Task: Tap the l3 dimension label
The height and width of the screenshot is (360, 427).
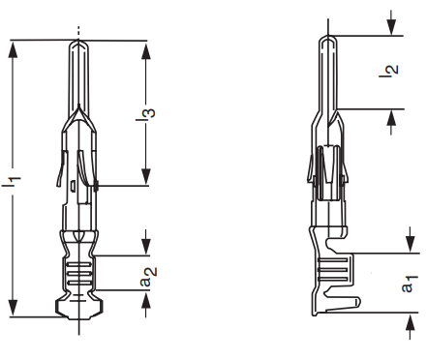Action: (145, 115)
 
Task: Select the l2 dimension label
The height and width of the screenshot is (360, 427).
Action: (388, 72)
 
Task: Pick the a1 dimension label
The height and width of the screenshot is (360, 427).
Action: (410, 284)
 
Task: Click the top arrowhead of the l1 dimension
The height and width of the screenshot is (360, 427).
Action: (13, 49)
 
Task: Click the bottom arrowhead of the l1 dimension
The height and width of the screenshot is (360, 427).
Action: (13, 308)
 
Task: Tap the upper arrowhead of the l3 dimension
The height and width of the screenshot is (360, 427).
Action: (146, 50)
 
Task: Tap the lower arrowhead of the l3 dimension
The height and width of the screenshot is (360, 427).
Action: (146, 177)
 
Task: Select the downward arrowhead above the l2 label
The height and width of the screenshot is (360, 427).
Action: (391, 27)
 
